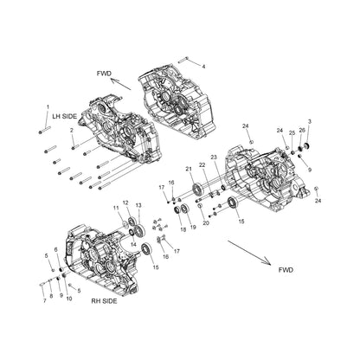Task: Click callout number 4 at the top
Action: point(203,65)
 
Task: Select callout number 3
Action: point(311,122)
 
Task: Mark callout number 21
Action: point(188,168)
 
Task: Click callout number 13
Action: point(138,206)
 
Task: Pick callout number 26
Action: point(301,130)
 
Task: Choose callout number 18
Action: point(183,228)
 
